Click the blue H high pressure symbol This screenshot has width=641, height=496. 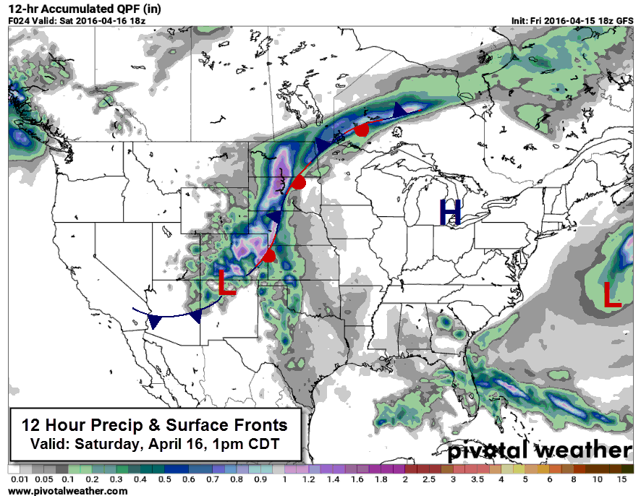(450, 211)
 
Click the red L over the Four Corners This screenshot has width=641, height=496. (227, 283)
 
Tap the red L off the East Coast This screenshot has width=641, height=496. (612, 295)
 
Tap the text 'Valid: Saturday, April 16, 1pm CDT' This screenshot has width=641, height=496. (154, 442)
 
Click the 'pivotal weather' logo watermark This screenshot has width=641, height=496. (538, 451)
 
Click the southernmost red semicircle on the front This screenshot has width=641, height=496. (269, 257)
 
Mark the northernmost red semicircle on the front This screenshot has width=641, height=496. (362, 129)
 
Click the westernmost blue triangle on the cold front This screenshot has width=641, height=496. (154, 320)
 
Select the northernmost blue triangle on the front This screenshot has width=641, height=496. (399, 110)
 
